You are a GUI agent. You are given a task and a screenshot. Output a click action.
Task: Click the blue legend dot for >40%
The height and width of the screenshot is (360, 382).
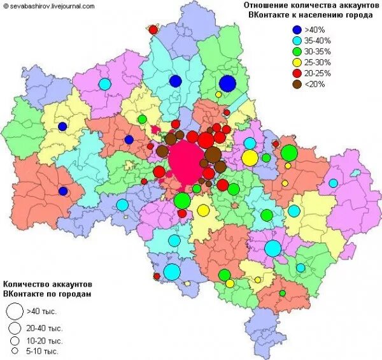pos(297,29)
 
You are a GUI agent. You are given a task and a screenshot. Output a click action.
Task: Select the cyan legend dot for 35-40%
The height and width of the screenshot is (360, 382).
pos(297,40)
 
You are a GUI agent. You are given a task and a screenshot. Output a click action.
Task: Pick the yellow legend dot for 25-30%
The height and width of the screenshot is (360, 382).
pos(297,62)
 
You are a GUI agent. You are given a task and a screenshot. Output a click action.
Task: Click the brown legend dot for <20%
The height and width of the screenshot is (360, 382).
pos(297,84)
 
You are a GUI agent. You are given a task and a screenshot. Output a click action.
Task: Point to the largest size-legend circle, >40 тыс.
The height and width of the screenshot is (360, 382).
pos(14,311)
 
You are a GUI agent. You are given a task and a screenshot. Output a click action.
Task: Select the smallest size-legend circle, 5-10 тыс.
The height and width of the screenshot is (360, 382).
pos(14,351)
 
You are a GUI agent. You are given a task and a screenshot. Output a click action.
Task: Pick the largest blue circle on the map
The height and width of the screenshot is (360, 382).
pos(227,83)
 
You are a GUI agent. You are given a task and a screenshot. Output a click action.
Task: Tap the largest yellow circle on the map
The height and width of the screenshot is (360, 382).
pos(250,157)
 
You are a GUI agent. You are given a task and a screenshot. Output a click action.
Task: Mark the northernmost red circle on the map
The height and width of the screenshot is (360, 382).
pos(153,29)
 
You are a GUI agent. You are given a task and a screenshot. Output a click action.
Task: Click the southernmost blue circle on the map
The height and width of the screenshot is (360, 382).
pos(63,191)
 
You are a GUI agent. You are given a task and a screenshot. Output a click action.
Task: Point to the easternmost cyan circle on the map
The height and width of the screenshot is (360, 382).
pos(333,184)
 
